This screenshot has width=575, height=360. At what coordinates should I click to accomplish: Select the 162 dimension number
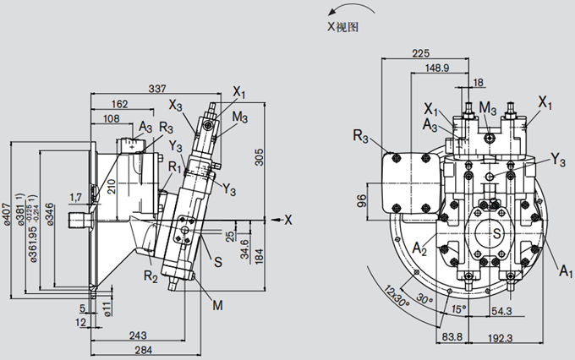point(120,104)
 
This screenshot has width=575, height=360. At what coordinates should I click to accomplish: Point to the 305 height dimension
point(260,156)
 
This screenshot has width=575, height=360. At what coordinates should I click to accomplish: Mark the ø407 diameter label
point(8,216)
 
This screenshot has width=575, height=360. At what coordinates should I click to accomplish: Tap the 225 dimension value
point(420,52)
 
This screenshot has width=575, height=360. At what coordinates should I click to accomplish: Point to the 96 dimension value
point(360,200)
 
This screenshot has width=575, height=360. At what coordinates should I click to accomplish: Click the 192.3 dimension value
point(526,338)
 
